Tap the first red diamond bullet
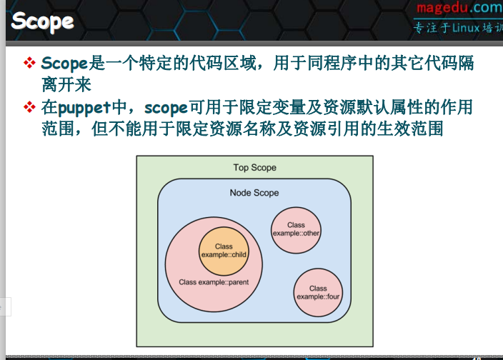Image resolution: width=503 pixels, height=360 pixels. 29,64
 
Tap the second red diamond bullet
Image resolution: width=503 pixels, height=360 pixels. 29,108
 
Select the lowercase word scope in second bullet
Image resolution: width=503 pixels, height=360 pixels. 166,108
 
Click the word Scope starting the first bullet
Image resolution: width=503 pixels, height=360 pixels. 64,64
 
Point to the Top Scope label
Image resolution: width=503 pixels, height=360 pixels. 254,168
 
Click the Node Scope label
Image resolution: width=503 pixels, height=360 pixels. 254,193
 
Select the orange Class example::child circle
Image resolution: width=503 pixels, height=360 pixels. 224,251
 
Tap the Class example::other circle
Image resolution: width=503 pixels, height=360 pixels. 296,229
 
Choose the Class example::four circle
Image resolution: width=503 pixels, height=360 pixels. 318,293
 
